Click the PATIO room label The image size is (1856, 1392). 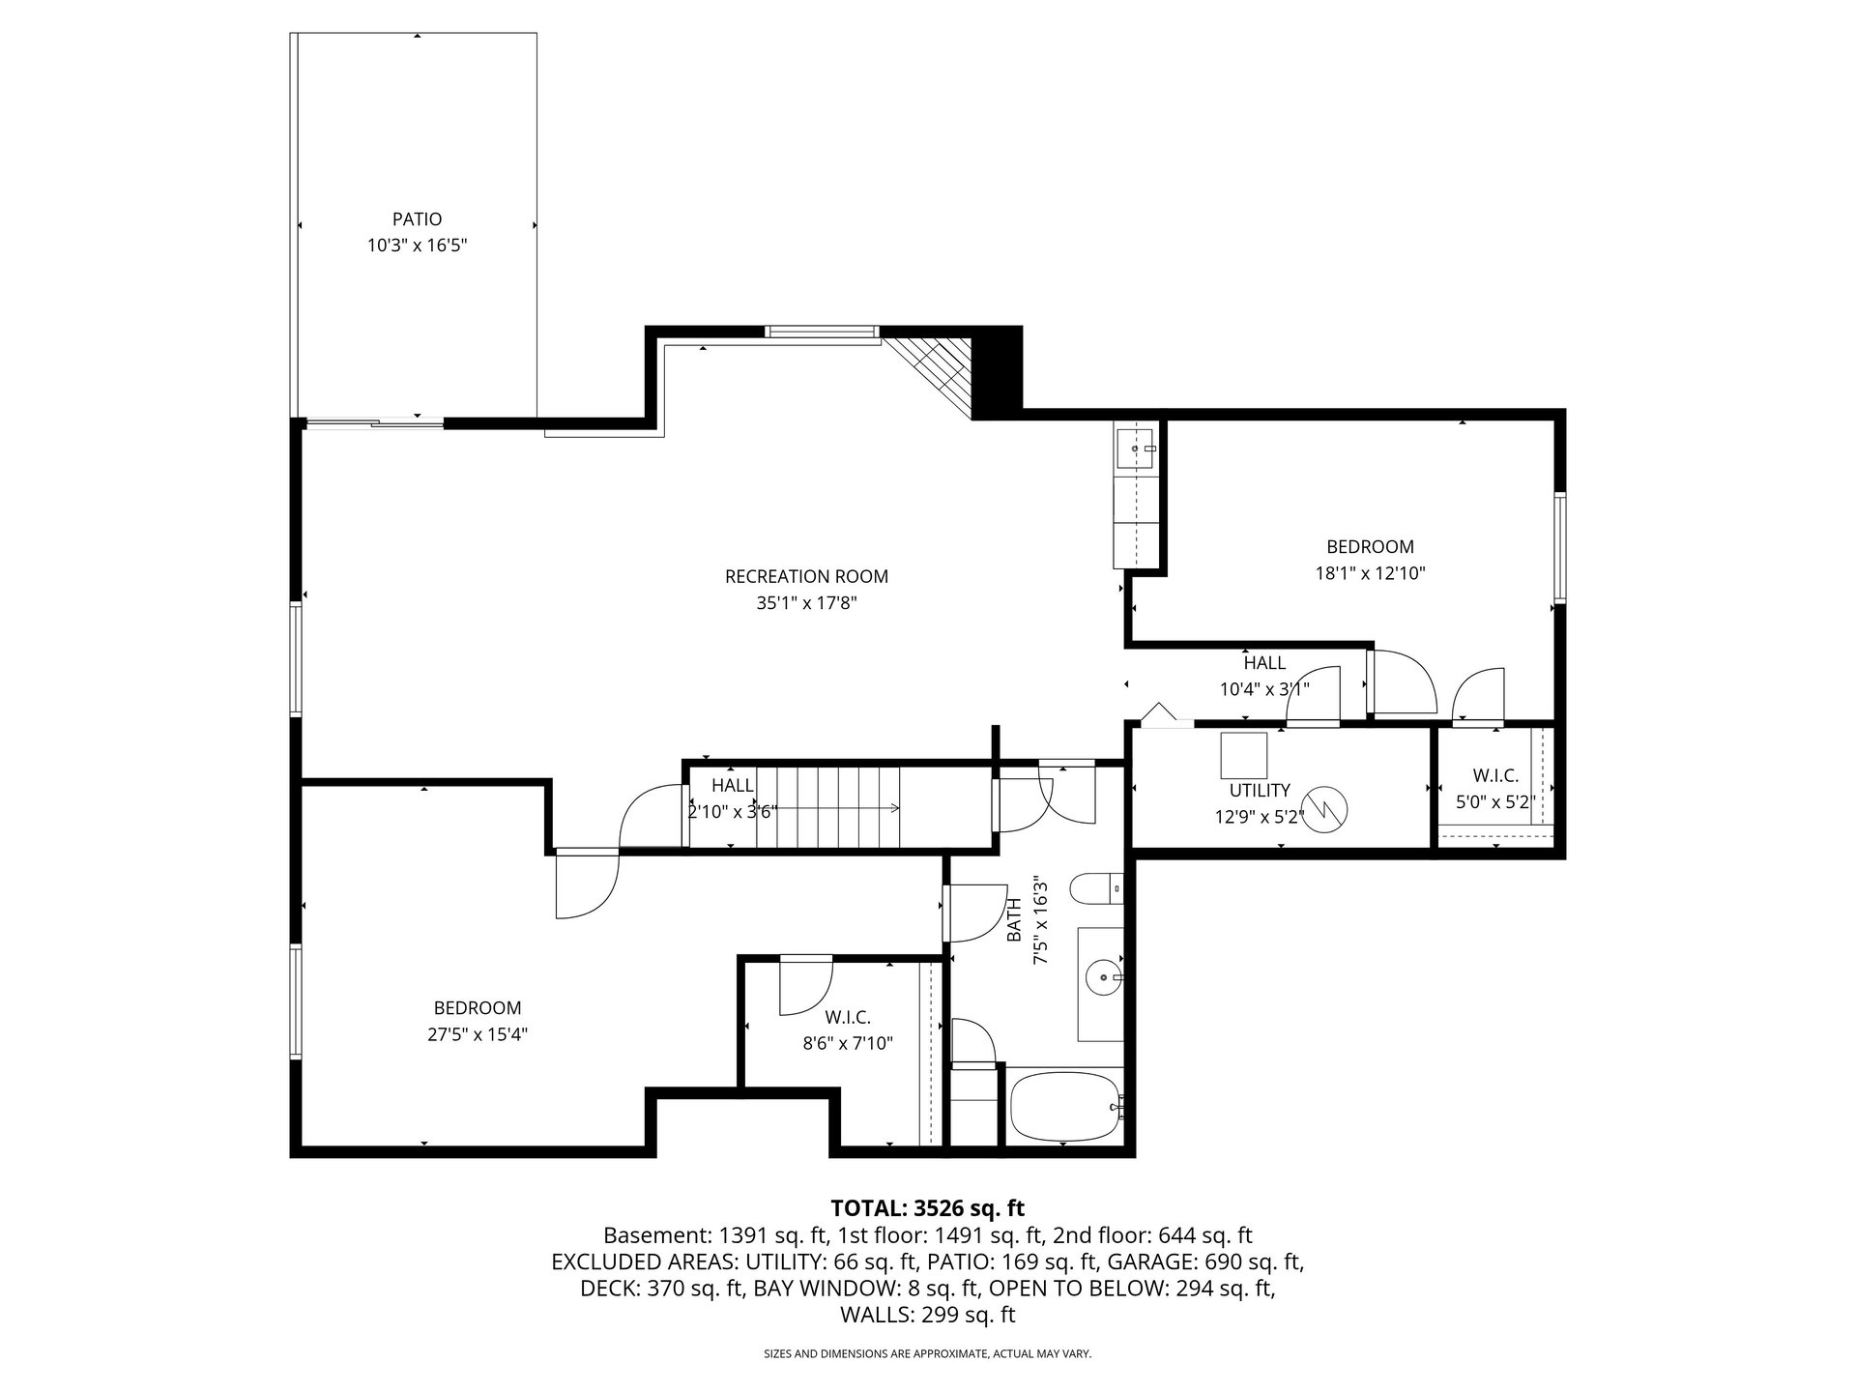point(417,219)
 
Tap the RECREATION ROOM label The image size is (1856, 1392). point(806,577)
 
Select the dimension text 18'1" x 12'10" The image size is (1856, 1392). point(1370,572)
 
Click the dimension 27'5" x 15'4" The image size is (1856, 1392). point(478,1034)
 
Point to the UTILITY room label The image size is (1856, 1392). point(1260,791)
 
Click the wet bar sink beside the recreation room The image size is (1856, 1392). point(1136,449)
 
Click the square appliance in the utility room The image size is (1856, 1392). point(1243,756)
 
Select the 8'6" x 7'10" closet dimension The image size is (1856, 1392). point(848,1043)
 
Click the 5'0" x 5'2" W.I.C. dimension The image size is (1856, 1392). point(1495,800)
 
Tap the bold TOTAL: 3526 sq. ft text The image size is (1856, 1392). point(927,1207)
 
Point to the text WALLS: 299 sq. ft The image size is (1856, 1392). point(928,1315)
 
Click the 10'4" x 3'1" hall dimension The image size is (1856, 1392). point(1264,689)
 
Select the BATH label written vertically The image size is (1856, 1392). point(1014,921)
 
